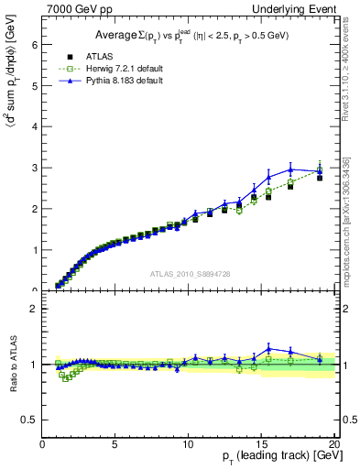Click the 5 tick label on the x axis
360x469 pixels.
pos(115,445)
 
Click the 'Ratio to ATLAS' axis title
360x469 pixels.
pos(13,365)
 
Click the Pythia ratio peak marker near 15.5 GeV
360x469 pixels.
pos(268,348)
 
